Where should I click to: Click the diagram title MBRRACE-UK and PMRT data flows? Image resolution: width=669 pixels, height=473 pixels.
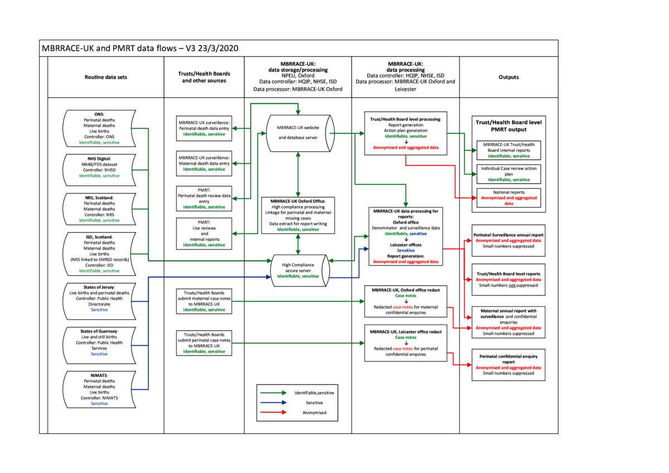(140, 48)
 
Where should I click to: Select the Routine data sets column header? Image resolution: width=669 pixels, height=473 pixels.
(106, 77)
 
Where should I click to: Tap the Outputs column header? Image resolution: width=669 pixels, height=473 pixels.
(508, 77)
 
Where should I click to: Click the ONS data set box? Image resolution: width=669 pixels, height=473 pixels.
(99, 128)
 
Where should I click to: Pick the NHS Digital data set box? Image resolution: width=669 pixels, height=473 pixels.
(99, 167)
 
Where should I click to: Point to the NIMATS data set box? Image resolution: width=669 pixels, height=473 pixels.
(99, 389)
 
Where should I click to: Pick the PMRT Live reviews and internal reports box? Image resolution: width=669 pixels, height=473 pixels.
(204, 233)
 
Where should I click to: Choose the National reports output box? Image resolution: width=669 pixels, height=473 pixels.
(508, 198)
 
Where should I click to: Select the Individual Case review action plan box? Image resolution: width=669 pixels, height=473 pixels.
(508, 174)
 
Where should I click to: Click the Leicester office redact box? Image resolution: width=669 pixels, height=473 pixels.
(405, 343)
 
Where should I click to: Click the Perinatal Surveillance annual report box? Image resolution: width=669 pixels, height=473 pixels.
(508, 241)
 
